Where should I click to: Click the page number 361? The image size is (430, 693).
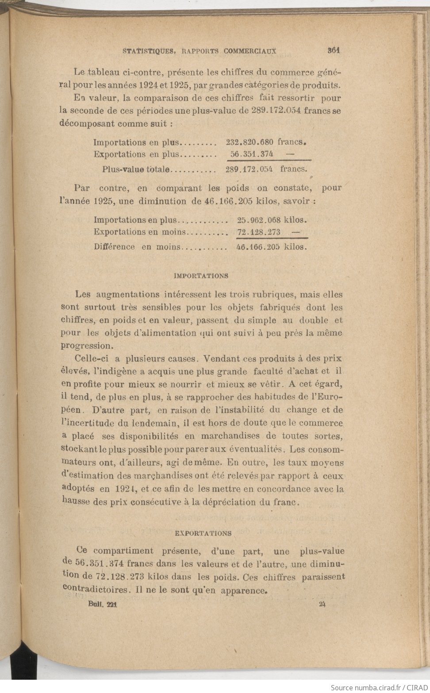point(333,50)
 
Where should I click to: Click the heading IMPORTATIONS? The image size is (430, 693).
point(201,276)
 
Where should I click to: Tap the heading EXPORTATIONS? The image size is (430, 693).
point(203,533)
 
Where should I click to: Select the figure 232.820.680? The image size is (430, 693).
point(250,142)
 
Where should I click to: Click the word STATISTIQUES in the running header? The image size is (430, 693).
point(147,51)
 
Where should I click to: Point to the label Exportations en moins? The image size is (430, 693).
point(140,232)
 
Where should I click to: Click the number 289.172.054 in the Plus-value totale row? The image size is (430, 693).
point(249,169)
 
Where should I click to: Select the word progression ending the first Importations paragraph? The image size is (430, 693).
point(85,346)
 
